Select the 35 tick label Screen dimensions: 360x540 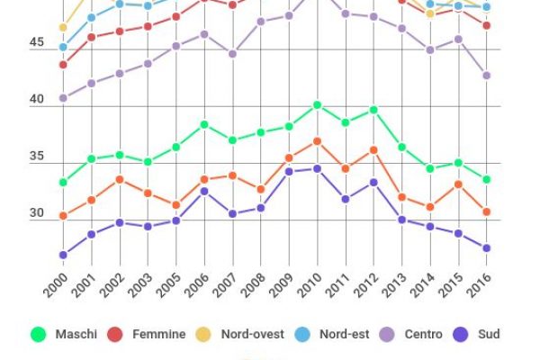(x=35, y=157)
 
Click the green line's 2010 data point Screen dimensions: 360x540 (x=317, y=105)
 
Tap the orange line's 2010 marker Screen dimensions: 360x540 (x=317, y=141)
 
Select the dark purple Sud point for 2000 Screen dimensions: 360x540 (x=63, y=255)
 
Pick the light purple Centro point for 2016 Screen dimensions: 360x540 (x=487, y=76)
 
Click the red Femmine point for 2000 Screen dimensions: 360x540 (x=63, y=65)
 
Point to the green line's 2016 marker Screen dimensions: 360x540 (x=487, y=179)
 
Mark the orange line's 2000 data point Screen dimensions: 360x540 (x=63, y=216)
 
